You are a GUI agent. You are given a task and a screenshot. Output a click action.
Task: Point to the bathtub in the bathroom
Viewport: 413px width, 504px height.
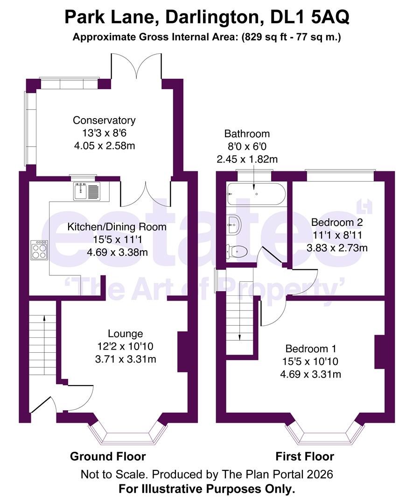(x=255, y=194)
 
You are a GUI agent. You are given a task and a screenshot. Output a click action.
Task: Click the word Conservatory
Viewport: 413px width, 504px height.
(x=104, y=120)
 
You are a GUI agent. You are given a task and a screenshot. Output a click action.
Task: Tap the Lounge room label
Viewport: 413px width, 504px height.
(x=125, y=334)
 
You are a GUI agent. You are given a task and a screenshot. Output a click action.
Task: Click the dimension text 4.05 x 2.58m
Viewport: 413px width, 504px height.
(x=104, y=145)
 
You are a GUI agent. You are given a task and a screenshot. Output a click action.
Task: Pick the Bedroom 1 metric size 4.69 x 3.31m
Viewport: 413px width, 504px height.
(x=310, y=374)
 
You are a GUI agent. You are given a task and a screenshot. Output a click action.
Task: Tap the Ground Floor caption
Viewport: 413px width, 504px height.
(x=108, y=456)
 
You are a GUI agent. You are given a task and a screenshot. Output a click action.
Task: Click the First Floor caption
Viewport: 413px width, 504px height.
(x=305, y=456)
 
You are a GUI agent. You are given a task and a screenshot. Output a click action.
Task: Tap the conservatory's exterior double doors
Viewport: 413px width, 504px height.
(x=136, y=65)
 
